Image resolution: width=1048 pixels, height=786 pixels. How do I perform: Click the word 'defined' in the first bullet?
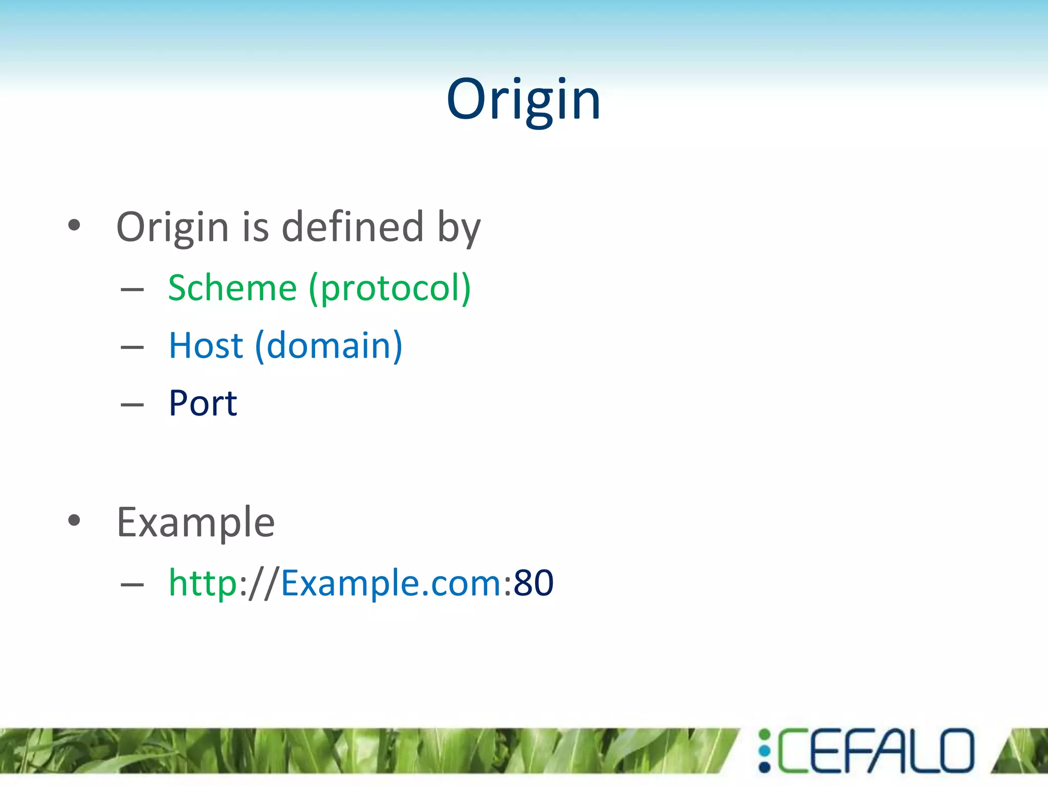tap(353, 227)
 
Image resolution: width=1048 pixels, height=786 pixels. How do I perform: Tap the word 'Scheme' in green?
tap(232, 288)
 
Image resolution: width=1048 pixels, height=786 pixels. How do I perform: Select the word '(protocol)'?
tap(390, 289)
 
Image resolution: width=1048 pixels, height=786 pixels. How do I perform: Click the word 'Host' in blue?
tap(206, 345)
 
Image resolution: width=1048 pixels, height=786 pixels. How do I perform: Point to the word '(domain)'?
tap(329, 345)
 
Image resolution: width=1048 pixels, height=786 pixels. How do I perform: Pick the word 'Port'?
tap(203, 403)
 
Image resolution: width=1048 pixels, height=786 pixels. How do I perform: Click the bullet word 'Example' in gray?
tap(196, 522)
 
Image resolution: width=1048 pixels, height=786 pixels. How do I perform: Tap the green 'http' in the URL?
tap(203, 583)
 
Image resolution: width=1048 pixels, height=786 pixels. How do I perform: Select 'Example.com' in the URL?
tap(391, 583)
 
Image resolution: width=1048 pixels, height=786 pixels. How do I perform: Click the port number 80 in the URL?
tap(533, 583)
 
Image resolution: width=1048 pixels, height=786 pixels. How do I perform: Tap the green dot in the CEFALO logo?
tap(765, 735)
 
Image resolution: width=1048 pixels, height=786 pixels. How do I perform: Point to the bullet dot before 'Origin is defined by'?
tap(74, 225)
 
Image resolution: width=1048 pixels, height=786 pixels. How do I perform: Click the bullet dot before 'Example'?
tap(74, 521)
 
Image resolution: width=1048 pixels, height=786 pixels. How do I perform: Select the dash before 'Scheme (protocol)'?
tap(132, 290)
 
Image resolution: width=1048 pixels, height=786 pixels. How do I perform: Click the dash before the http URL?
tap(132, 584)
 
